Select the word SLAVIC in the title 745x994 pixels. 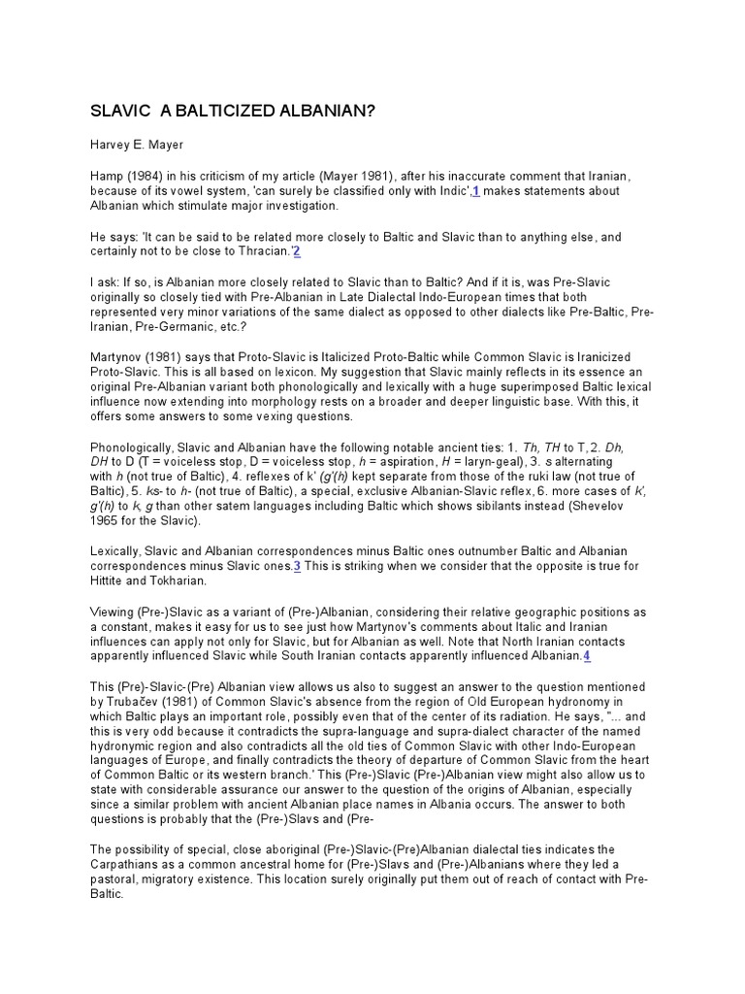(x=118, y=111)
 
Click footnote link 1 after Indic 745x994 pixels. (x=476, y=192)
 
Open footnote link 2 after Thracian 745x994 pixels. (x=297, y=251)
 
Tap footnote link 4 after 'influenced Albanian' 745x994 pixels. (x=586, y=656)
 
